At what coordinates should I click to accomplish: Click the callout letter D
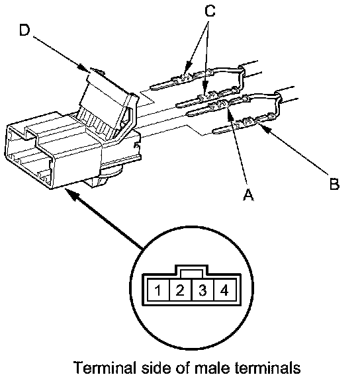click(24, 30)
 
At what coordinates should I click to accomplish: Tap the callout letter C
click(210, 11)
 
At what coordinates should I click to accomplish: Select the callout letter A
click(248, 194)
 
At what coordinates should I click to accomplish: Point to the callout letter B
click(334, 184)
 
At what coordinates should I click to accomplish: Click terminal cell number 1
click(158, 290)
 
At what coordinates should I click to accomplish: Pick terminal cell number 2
click(180, 290)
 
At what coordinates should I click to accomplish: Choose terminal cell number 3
click(202, 290)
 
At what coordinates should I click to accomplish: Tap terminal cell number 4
click(224, 290)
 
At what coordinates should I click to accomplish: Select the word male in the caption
click(212, 367)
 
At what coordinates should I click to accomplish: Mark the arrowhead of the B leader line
click(265, 128)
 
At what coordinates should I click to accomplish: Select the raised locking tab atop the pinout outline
click(191, 271)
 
